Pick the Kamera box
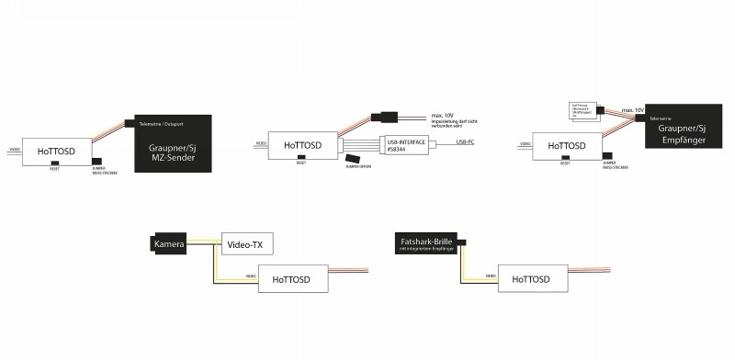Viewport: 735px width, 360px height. [x=170, y=243]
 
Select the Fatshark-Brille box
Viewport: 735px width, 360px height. [x=428, y=244]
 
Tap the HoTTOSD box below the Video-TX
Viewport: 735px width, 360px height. [x=293, y=279]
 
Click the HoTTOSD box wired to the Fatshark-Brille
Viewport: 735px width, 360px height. [x=530, y=278]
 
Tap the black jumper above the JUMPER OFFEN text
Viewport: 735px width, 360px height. [x=354, y=159]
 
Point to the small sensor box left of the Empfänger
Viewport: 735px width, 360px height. [x=582, y=112]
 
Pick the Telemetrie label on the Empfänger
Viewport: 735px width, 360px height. [x=661, y=119]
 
